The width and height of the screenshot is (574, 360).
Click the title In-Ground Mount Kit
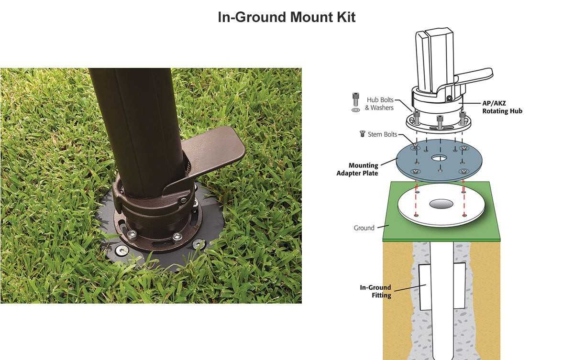[x=287, y=17]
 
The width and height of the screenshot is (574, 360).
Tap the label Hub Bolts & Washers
[x=379, y=104]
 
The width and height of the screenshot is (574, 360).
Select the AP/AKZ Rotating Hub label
[x=502, y=107]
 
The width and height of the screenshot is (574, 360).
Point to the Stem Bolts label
[x=382, y=134]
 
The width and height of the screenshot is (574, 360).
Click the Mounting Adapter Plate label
[x=357, y=169]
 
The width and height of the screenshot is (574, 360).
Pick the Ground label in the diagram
[x=364, y=228]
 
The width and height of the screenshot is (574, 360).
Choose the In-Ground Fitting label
[x=375, y=291]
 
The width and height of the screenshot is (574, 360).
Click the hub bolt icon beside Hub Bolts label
[x=355, y=99]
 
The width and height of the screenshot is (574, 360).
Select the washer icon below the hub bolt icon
[x=355, y=110]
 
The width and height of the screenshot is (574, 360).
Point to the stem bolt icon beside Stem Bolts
[x=362, y=134]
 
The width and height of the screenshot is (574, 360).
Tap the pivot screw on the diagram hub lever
[x=449, y=98]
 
